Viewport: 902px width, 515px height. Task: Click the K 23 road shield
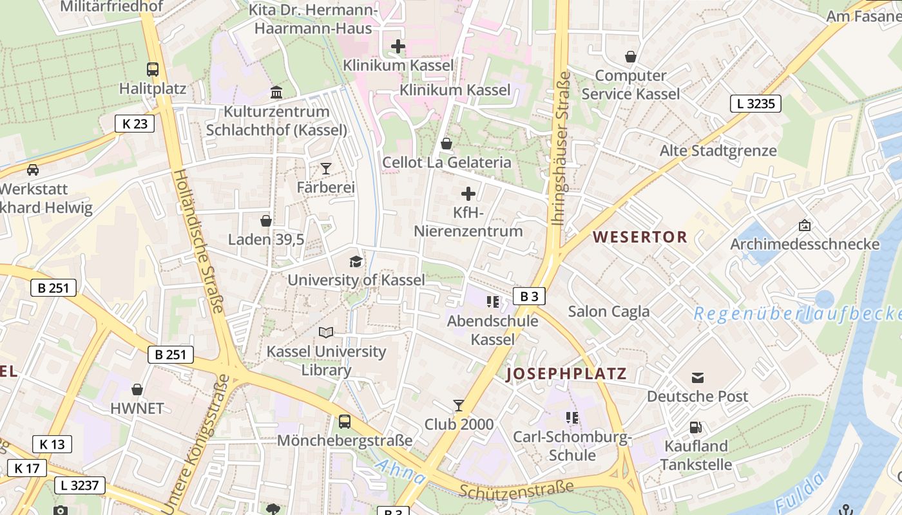[x=135, y=124]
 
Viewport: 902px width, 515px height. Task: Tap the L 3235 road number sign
[x=755, y=103]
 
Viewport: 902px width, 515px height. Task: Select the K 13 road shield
[x=52, y=444]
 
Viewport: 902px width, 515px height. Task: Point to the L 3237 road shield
[x=79, y=485]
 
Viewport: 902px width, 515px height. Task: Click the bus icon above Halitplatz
[x=153, y=70]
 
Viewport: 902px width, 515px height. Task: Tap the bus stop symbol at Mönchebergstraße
[x=345, y=422]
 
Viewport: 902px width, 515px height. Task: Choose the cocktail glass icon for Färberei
[x=326, y=169]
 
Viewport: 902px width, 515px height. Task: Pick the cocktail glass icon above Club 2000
[x=459, y=405]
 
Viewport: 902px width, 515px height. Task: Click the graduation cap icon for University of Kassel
[x=356, y=261]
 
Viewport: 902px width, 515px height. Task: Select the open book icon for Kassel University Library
[x=326, y=332]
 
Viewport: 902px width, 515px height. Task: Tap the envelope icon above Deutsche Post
[x=698, y=377]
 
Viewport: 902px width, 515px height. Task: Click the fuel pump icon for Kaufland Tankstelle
[x=696, y=427]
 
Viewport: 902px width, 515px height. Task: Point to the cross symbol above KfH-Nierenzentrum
[x=468, y=193]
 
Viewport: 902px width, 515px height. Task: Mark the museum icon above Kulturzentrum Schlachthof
[x=276, y=93]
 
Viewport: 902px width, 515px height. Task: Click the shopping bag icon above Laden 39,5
[x=265, y=221]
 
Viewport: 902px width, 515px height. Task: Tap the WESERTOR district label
[x=640, y=237]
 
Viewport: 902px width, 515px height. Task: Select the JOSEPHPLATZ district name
[x=566, y=374]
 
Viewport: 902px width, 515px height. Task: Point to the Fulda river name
[x=801, y=492]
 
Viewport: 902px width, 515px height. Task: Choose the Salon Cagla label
[x=609, y=312]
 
